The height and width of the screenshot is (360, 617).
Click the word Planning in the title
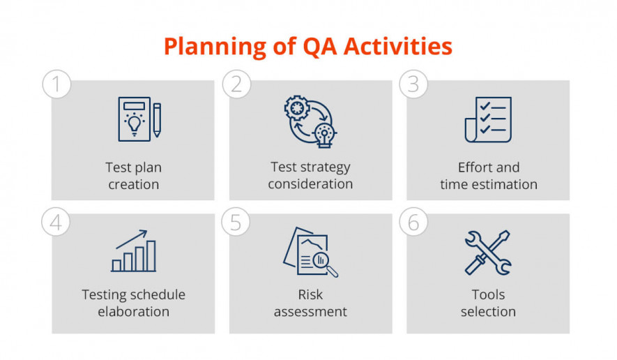coord(215,47)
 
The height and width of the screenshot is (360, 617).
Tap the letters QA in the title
coord(320,47)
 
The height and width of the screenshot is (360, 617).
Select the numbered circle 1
coord(56,84)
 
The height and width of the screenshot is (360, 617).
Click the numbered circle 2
coord(236,84)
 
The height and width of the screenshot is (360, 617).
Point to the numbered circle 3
coord(413,84)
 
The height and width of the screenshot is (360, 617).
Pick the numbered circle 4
coord(56,222)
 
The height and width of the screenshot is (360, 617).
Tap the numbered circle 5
coord(236,222)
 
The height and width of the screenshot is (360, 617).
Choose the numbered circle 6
coord(413,222)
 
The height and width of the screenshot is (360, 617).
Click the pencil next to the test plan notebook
coord(157,120)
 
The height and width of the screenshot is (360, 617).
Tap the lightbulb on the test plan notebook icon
coord(135,124)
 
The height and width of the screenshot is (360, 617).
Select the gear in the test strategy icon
coord(297,107)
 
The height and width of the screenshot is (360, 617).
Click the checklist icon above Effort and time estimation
coord(488,119)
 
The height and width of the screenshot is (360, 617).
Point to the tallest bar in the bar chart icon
coord(151,255)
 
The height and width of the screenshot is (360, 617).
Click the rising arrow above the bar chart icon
coord(132,239)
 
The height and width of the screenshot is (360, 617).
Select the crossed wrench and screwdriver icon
coord(488,253)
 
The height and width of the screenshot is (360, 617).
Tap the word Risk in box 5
coord(310,294)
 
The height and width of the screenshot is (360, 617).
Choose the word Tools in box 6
coord(488,294)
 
